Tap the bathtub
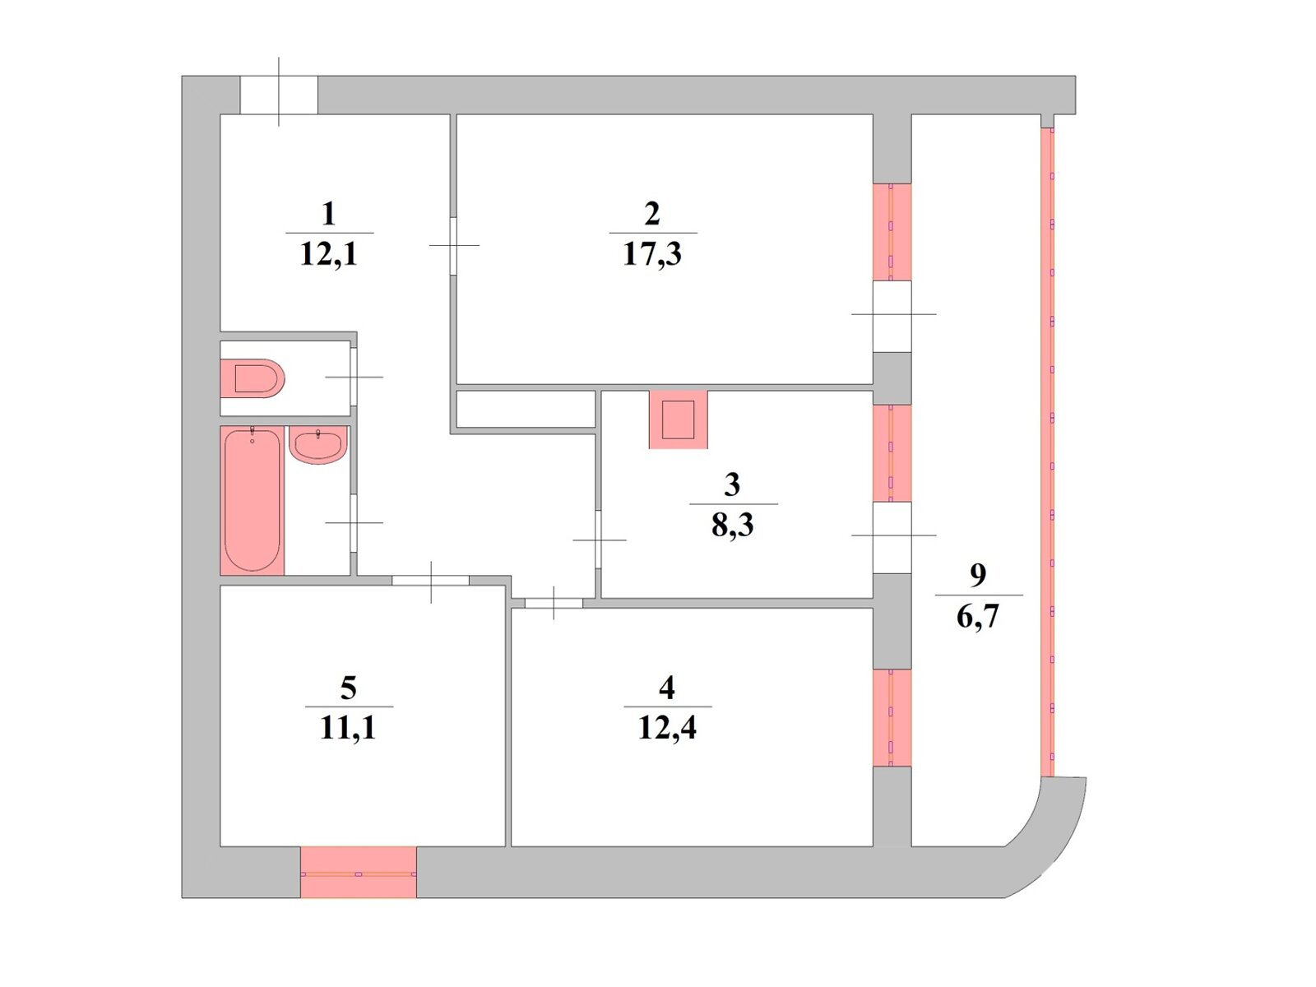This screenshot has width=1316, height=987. [x=253, y=500]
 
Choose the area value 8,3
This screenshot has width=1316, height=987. [x=733, y=525]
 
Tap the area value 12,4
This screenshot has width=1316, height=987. [x=667, y=728]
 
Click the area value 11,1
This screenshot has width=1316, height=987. [x=348, y=728]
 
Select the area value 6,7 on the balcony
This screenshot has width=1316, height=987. [x=978, y=616]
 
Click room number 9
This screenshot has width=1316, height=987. [x=978, y=574]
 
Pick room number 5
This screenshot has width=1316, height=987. [x=348, y=688]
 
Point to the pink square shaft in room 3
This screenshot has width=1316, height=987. [x=678, y=419]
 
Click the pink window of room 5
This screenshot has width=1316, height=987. [x=359, y=873]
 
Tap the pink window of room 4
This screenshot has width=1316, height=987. [x=892, y=718]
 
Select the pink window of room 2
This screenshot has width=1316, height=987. [x=892, y=232]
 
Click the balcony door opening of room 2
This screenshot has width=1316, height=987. [x=892, y=316]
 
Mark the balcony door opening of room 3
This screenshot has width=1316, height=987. [x=892, y=537]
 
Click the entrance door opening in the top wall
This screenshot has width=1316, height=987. [x=279, y=95]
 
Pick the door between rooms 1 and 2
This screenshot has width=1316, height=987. [x=453, y=245]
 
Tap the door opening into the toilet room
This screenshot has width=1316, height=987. [x=354, y=377]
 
